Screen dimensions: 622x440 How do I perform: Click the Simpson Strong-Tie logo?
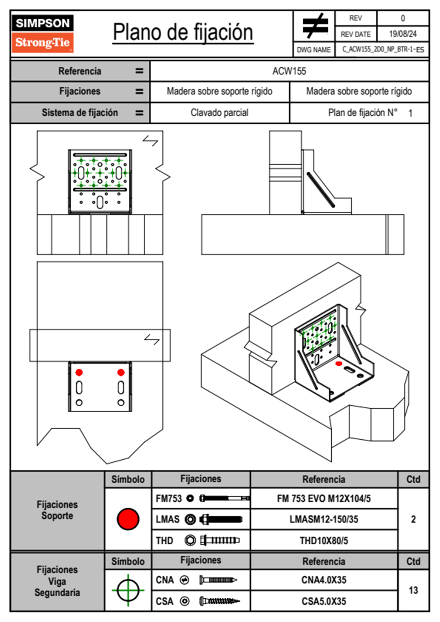(43, 33)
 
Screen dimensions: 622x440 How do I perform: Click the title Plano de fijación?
(183, 32)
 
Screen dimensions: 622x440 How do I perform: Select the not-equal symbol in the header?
(315, 26)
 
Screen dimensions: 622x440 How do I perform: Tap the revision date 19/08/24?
(403, 34)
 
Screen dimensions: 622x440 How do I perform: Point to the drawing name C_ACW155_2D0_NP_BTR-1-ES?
(383, 50)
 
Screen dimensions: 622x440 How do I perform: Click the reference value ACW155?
(289, 71)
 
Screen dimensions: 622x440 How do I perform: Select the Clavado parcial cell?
(219, 112)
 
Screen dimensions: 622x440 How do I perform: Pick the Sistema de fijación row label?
(80, 112)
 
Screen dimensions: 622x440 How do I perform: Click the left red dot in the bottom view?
(79, 372)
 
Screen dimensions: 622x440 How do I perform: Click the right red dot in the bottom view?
(121, 372)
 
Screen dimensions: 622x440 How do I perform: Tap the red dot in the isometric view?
(339, 364)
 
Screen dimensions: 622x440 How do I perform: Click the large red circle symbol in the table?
(128, 519)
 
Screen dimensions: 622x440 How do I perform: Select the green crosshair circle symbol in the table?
(128, 590)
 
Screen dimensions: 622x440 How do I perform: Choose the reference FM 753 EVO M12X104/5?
(324, 498)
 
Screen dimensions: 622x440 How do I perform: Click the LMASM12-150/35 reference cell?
(324, 519)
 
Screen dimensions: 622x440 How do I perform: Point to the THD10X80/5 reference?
(324, 541)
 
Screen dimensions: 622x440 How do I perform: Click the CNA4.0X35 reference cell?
(324, 580)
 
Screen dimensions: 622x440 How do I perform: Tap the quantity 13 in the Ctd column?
(413, 590)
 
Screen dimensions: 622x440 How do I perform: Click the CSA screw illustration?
(219, 601)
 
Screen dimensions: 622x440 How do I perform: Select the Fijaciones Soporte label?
(57, 510)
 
